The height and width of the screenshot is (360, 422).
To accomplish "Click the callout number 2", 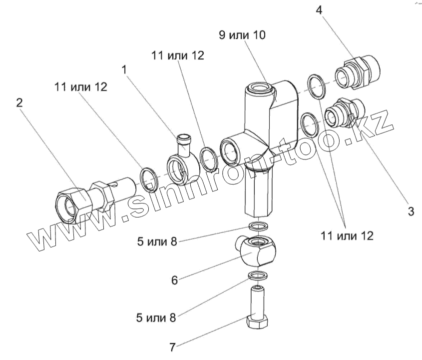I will pos(19,103).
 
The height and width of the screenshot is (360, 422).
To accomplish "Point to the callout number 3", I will pos(411,211).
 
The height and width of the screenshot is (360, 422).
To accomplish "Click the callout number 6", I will pos(174,280).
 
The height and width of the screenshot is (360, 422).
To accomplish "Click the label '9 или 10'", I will pos(242,35).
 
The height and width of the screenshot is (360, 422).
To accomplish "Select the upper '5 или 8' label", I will pos(156,242).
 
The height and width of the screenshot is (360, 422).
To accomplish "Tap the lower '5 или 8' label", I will pos(156,317).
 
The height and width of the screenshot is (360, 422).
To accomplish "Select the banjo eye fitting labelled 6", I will pos(258,250).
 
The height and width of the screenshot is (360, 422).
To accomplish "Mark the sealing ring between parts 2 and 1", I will pos(149,179).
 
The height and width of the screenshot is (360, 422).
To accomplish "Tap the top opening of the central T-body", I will pos(260,90).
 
